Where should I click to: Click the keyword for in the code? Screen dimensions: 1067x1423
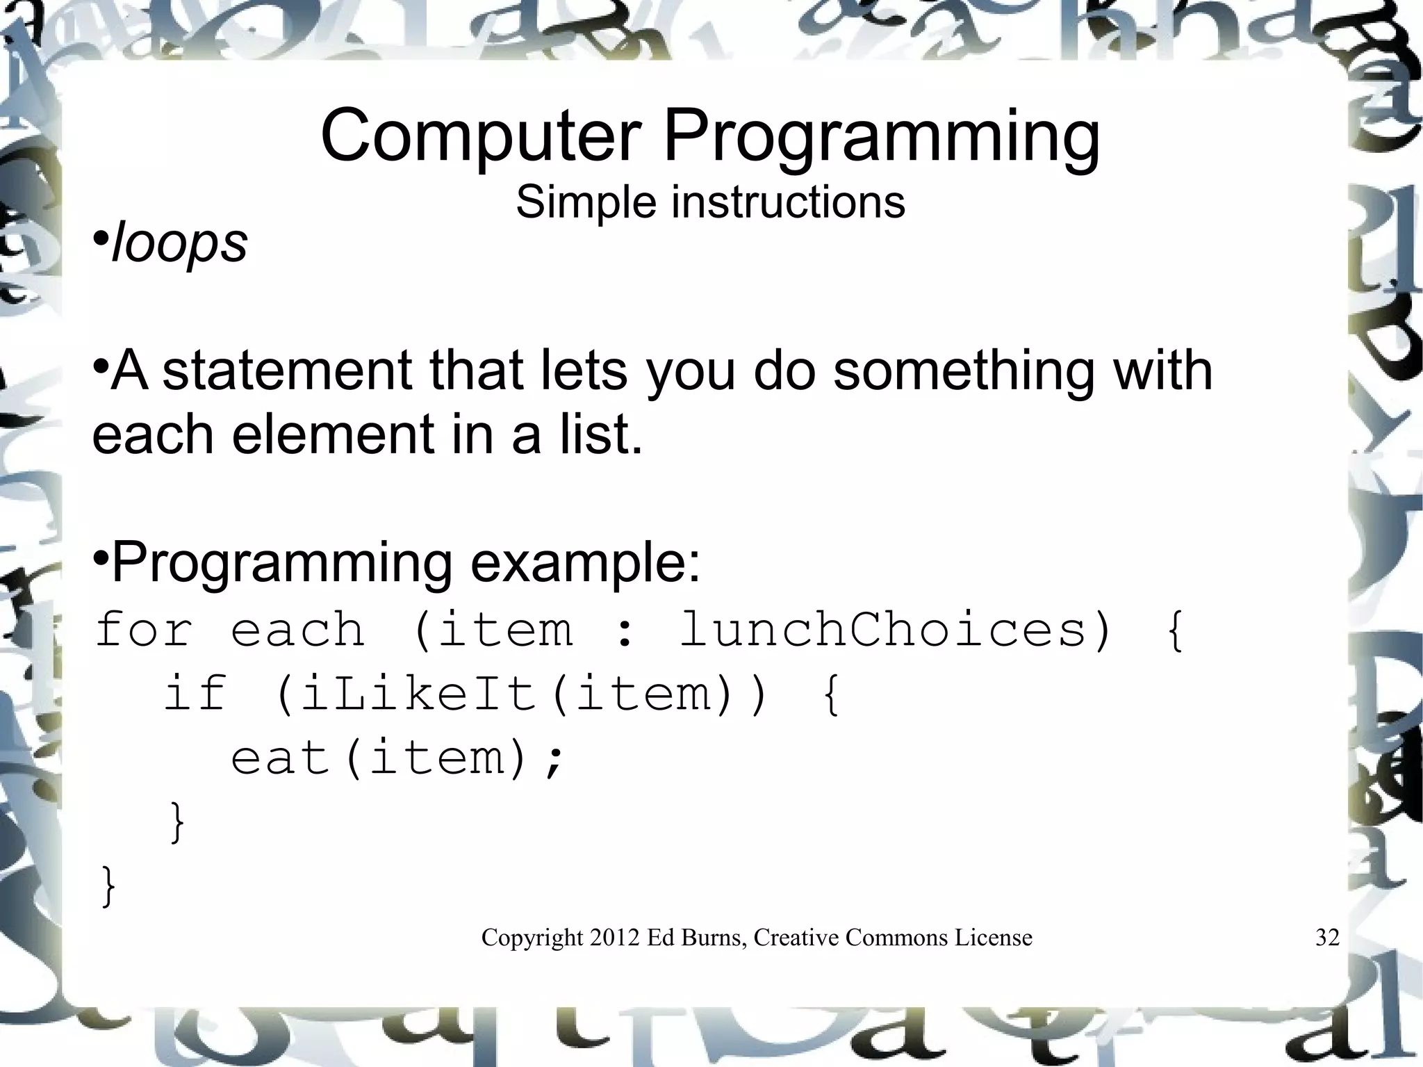click(x=143, y=629)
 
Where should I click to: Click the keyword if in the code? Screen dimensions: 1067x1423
click(x=196, y=693)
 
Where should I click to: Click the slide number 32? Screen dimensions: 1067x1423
click(x=1327, y=938)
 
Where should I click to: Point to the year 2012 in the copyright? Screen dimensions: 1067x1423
click(x=614, y=938)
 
